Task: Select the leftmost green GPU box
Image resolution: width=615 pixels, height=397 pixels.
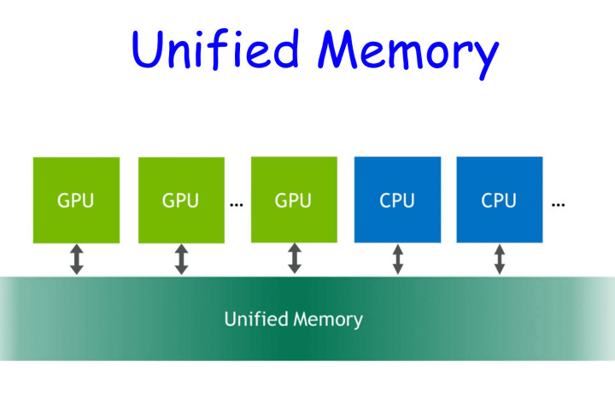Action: pos(76,200)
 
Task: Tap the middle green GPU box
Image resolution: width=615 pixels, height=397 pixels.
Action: pos(180,200)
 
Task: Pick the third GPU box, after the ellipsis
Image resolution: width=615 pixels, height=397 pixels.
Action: pos(294,200)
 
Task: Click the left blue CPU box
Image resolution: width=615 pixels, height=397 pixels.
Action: pos(397,200)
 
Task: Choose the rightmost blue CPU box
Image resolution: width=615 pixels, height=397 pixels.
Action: pos(499,200)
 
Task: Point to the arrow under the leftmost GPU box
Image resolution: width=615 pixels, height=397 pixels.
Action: pos(76,259)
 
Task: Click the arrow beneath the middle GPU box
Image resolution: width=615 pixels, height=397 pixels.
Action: pos(181,259)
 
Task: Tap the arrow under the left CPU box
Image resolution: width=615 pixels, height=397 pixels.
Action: pos(397,259)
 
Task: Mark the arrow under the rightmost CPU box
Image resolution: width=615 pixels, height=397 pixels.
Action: pos(499,259)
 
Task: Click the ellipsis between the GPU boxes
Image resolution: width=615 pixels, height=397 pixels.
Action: pos(237,206)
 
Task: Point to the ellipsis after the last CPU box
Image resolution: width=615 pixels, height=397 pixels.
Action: pos(559,206)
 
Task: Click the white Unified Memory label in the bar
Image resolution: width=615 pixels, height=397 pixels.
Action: pos(293,320)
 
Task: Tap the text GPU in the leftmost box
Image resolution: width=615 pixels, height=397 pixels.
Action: pos(76,201)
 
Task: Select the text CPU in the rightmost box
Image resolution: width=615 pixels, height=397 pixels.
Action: pos(499,201)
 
